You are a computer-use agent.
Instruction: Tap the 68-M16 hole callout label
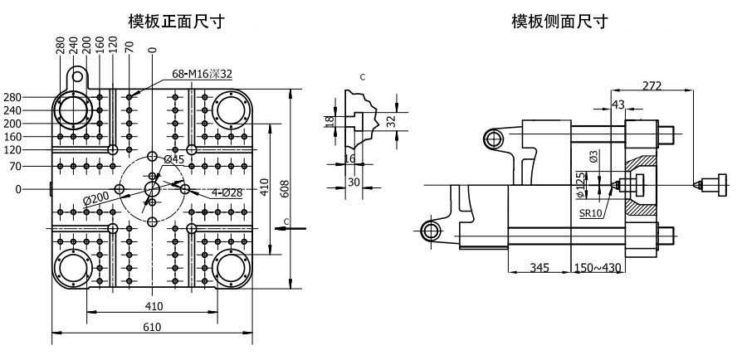[203, 74]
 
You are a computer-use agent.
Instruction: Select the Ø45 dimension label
[173, 159]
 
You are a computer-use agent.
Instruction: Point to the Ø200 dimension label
[98, 197]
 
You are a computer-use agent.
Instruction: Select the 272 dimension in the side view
[652, 85]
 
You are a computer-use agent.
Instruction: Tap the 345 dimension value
[539, 269]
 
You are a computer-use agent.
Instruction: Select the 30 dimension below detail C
[354, 182]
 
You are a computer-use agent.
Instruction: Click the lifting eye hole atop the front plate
[77, 76]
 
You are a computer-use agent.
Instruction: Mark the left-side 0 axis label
[18, 189]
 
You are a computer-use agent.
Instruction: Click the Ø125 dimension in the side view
[580, 183]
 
